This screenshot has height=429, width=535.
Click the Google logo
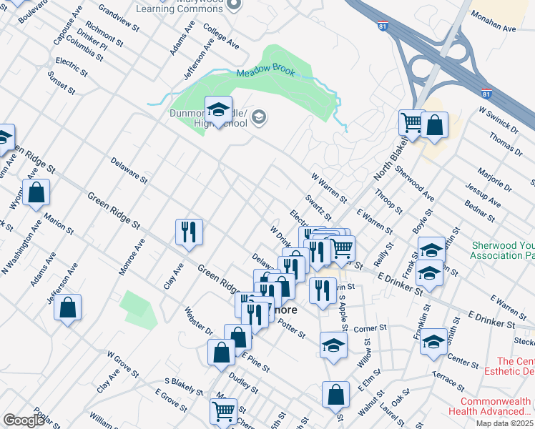pyautogui.click(x=23, y=420)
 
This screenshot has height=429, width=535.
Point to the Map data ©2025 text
pyautogui.click(x=504, y=423)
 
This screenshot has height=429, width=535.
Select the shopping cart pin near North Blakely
pyautogui.click(x=411, y=124)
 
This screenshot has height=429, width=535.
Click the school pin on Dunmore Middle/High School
pyautogui.click(x=218, y=110)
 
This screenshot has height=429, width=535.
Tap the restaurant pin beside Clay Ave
pyautogui.click(x=189, y=232)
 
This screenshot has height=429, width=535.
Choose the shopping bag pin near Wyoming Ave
pyautogui.click(x=36, y=192)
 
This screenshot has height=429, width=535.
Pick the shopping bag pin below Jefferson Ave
pyautogui.click(x=67, y=309)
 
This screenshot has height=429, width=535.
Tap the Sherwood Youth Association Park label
pyautogui.click(x=503, y=250)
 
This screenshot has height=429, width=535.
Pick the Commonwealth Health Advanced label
pyautogui.click(x=490, y=406)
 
